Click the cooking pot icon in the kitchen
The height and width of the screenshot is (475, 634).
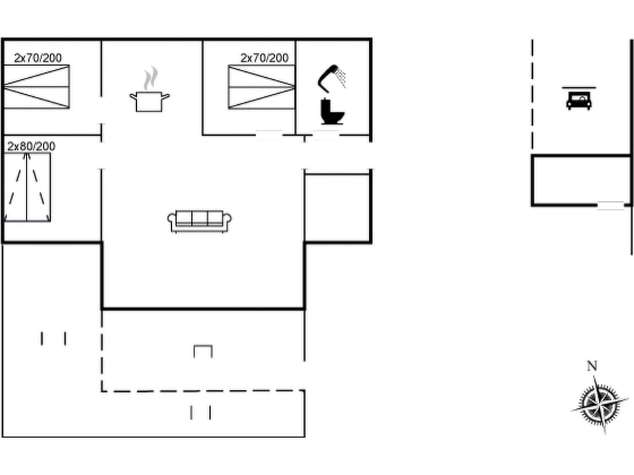[x=149, y=102]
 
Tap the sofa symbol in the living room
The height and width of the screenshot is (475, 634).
[x=200, y=221]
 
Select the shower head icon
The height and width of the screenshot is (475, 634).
[x=332, y=76]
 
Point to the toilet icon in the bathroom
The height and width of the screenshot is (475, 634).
[x=332, y=111]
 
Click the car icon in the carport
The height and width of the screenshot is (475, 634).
[x=579, y=100]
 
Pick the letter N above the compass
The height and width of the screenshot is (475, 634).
[x=592, y=366]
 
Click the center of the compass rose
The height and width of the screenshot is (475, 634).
[x=600, y=404]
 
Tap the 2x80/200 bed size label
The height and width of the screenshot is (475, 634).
[x=31, y=146]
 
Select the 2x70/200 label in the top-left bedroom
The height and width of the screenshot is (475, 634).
[x=38, y=58]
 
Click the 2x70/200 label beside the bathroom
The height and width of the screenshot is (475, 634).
[x=264, y=58]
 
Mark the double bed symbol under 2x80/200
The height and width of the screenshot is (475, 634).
[x=28, y=187]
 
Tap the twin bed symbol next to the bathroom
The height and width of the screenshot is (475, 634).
[x=262, y=86]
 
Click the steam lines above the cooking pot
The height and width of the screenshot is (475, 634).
[x=151, y=77]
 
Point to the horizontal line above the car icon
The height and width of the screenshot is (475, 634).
[x=579, y=87]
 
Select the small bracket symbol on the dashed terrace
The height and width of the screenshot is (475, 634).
[x=203, y=351]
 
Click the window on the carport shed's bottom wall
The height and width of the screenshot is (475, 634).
[x=610, y=205]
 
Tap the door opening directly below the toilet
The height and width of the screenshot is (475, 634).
[x=325, y=136]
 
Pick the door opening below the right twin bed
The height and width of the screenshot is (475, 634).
[x=269, y=135]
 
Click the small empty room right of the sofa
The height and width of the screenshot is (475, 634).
[x=337, y=208]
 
